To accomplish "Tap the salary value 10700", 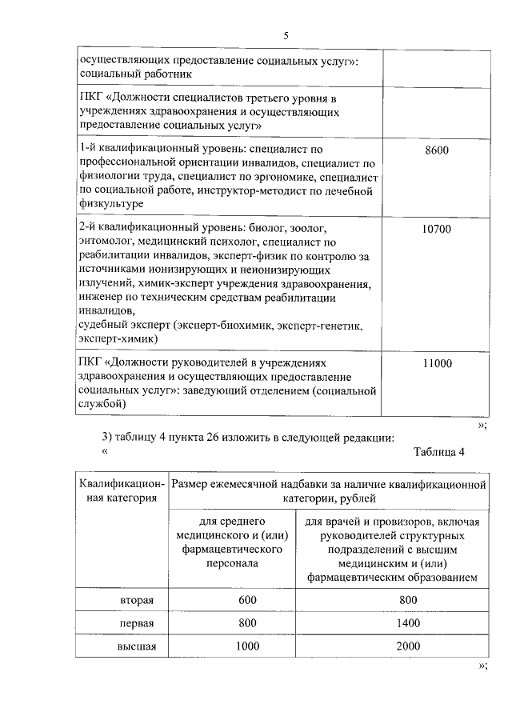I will (437, 229).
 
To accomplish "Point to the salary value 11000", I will (437, 364).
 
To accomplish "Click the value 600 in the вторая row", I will (248, 600).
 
